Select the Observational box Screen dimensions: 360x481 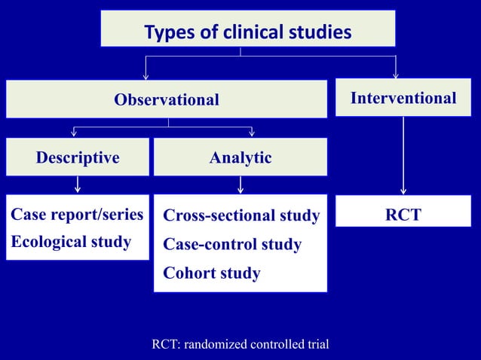coord(167,99)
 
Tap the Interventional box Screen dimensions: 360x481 coord(403,99)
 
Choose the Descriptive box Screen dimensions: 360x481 coord(78,157)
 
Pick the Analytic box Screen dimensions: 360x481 coord(240,157)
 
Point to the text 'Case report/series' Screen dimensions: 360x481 coord(77,215)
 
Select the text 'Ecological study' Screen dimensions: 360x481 coord(71,242)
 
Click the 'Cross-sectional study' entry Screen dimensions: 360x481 coord(241,216)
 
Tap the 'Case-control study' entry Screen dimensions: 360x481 coord(232,245)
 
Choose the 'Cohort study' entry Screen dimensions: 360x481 coord(212,273)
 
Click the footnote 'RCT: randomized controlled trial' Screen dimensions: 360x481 coord(240,345)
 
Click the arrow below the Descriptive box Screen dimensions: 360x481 coord(78,185)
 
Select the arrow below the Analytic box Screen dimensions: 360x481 coord(240,185)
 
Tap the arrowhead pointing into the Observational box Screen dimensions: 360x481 coord(146,75)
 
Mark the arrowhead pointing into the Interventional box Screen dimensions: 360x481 coord(395,75)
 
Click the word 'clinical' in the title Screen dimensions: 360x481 coord(250,32)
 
